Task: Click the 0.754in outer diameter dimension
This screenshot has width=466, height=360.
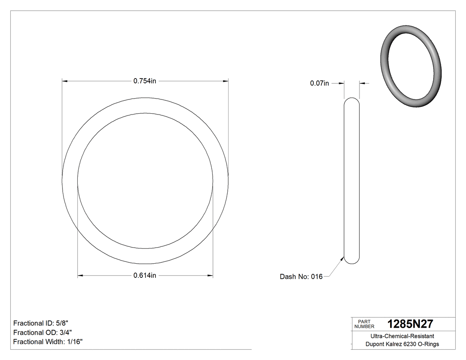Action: pyautogui.click(x=145, y=81)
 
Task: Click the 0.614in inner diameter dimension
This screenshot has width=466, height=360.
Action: pyautogui.click(x=145, y=276)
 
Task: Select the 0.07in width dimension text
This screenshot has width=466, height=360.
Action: pyautogui.click(x=319, y=83)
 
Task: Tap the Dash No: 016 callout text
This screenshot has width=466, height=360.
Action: pyautogui.click(x=301, y=277)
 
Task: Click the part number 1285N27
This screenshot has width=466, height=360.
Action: pyautogui.click(x=410, y=324)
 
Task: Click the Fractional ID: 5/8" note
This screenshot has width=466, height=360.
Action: pyautogui.click(x=41, y=323)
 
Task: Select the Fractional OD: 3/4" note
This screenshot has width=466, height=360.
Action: pyautogui.click(x=42, y=332)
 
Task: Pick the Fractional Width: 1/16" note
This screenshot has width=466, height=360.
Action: pyautogui.click(x=47, y=342)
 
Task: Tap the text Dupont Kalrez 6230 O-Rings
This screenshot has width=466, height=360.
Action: pyautogui.click(x=402, y=344)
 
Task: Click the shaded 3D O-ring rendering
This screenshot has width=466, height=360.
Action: pyautogui.click(x=411, y=67)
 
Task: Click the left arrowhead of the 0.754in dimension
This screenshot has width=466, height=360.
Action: pyautogui.click(x=64, y=81)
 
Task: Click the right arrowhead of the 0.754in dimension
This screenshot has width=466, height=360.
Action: pyautogui.click(x=225, y=81)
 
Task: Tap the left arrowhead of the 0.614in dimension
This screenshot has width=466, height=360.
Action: pyautogui.click(x=80, y=276)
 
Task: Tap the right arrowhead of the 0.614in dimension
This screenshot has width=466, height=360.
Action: pyautogui.click(x=210, y=276)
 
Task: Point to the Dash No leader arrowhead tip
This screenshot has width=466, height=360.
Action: pyautogui.click(x=344, y=257)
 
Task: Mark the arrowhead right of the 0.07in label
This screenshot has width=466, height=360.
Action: pyautogui.click(x=362, y=83)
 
